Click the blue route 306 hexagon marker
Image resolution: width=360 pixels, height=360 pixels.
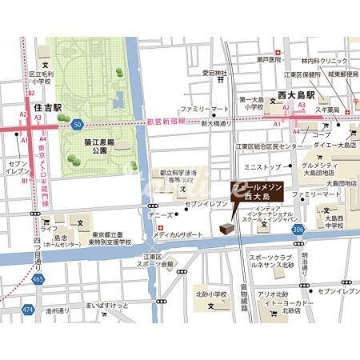point(298,230)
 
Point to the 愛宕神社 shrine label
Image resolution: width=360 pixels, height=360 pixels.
point(215,73)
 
